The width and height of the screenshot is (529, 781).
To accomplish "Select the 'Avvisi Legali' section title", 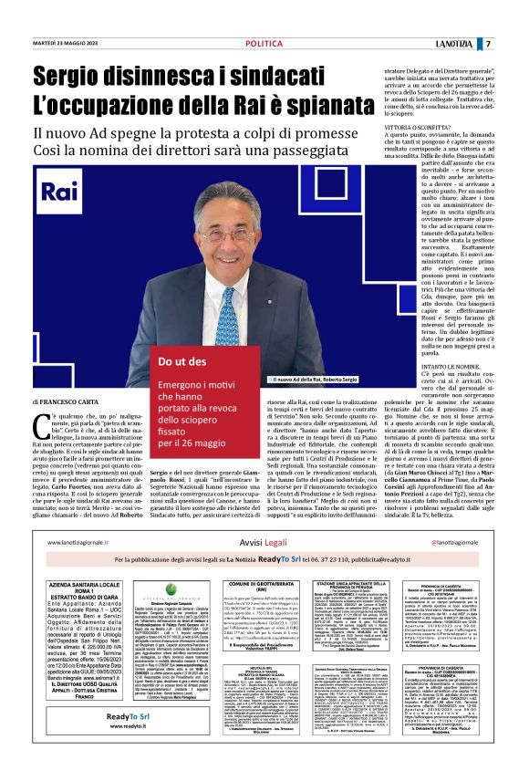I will (x=264, y=541).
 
